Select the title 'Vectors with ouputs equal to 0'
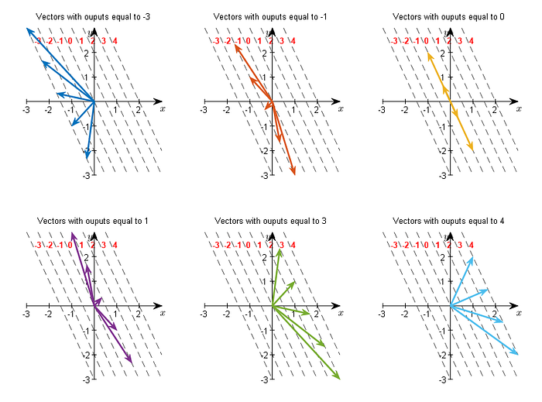[448, 16]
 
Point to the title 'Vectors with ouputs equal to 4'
[448, 222]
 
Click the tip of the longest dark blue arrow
[26, 28]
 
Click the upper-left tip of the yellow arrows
[427, 52]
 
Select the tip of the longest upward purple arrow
[71, 232]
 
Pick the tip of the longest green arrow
[340, 379]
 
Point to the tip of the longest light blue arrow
[518, 355]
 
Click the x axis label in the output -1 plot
[341, 109]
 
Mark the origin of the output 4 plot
[451, 307]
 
